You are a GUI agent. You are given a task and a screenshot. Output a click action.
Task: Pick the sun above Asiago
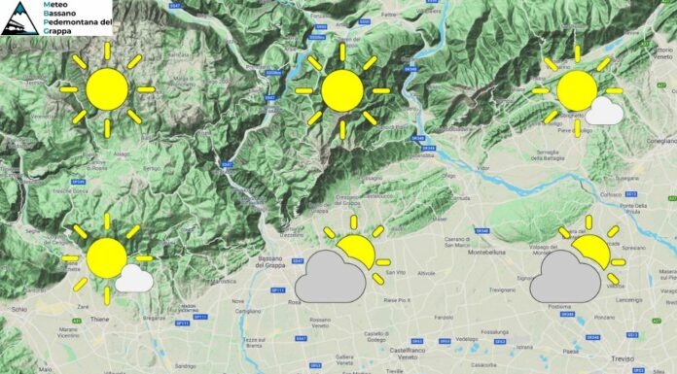point(107,88)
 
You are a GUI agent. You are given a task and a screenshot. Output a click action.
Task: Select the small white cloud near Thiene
point(133,280)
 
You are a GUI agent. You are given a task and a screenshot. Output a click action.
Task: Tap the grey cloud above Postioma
point(564,275)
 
